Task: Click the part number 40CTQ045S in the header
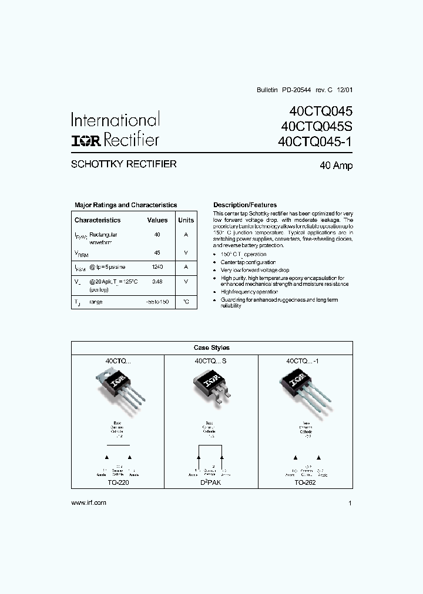pyautogui.click(x=317, y=126)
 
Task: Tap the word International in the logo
pyautogui.click(x=115, y=120)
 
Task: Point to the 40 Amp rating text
pyautogui.click(x=336, y=166)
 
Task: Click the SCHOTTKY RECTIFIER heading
pyautogui.click(x=123, y=164)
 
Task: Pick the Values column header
pyautogui.click(x=157, y=220)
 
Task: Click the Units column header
pyautogui.click(x=186, y=220)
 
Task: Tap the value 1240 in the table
pyautogui.click(x=157, y=266)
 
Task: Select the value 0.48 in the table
pyautogui.click(x=157, y=281)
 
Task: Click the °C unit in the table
pyautogui.click(x=186, y=301)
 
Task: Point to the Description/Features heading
pyautogui.click(x=245, y=205)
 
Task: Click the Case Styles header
pyautogui.click(x=211, y=347)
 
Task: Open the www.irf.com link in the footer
pyautogui.click(x=88, y=503)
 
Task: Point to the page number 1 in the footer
pyautogui.click(x=350, y=504)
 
